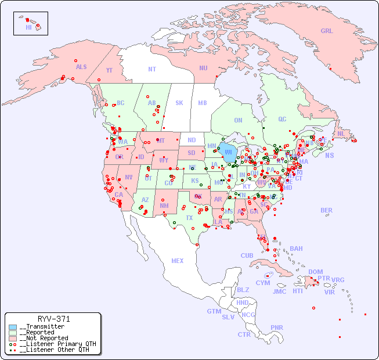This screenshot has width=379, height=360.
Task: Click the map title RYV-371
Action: click(x=53, y=319)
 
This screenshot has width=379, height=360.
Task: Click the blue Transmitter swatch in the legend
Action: click(x=13, y=327)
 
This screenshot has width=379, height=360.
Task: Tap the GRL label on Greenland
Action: click(x=327, y=31)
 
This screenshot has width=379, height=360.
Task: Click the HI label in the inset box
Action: click(x=28, y=27)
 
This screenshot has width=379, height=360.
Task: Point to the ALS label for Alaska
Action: click(x=81, y=67)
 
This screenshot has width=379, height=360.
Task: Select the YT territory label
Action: click(x=109, y=70)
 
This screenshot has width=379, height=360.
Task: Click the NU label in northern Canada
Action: click(x=203, y=69)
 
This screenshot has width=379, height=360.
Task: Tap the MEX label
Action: click(x=178, y=261)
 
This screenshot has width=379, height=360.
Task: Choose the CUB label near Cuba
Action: click(x=247, y=256)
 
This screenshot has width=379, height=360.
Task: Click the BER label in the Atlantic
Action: click(x=327, y=211)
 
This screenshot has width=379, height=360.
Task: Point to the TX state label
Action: click(x=189, y=218)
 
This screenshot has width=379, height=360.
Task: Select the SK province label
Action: click(x=179, y=103)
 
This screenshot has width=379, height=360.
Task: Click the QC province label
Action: click(x=282, y=120)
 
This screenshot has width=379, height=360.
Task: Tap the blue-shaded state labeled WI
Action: click(x=229, y=153)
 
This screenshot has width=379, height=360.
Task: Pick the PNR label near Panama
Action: click(x=277, y=327)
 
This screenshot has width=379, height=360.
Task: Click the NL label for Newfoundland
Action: click(x=341, y=134)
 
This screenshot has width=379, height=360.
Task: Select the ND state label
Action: click(x=192, y=140)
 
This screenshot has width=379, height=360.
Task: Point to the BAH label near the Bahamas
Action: click(x=296, y=249)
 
